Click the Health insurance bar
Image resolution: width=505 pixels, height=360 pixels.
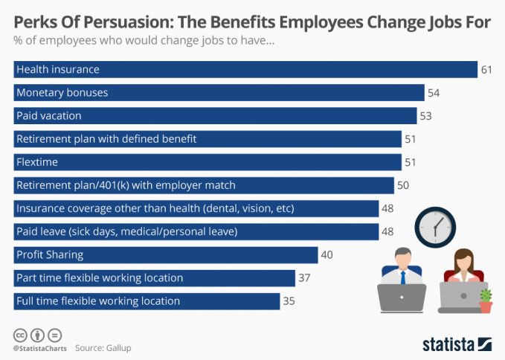click(245, 70)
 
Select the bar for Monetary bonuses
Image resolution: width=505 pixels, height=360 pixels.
click(219, 93)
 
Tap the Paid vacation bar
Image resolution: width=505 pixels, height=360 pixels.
click(216, 116)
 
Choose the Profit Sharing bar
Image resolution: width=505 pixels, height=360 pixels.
click(166, 255)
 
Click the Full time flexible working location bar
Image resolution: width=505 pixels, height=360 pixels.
click(147, 301)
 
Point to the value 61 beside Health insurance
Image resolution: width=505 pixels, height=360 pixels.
click(487, 70)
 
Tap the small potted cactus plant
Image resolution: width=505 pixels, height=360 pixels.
click(486, 300)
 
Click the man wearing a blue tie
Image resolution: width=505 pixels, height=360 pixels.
click(402, 271)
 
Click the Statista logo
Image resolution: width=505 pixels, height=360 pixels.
click(457, 344)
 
